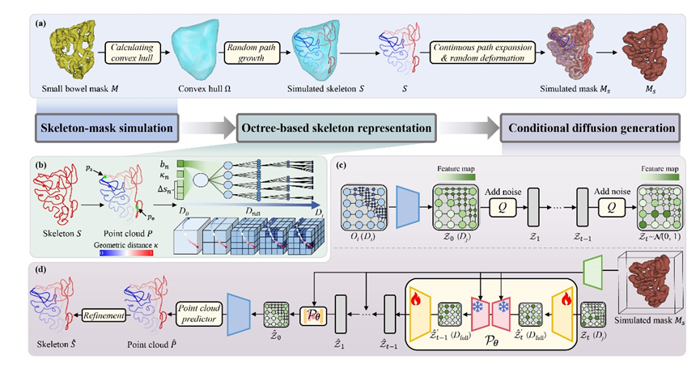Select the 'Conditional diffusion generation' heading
point(588,128)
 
